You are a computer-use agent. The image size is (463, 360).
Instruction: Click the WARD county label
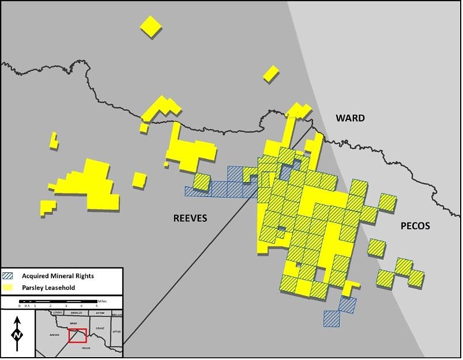click(x=350, y=118)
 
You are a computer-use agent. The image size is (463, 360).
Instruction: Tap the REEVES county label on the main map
click(x=190, y=218)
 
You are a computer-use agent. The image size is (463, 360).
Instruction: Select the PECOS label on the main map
click(x=415, y=226)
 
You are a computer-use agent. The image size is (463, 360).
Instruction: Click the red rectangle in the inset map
click(x=77, y=335)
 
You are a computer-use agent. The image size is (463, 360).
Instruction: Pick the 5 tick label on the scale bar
click(x=96, y=306)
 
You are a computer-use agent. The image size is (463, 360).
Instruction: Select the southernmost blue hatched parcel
click(x=332, y=319)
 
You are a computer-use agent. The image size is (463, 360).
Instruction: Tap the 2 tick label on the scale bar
click(x=50, y=306)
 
